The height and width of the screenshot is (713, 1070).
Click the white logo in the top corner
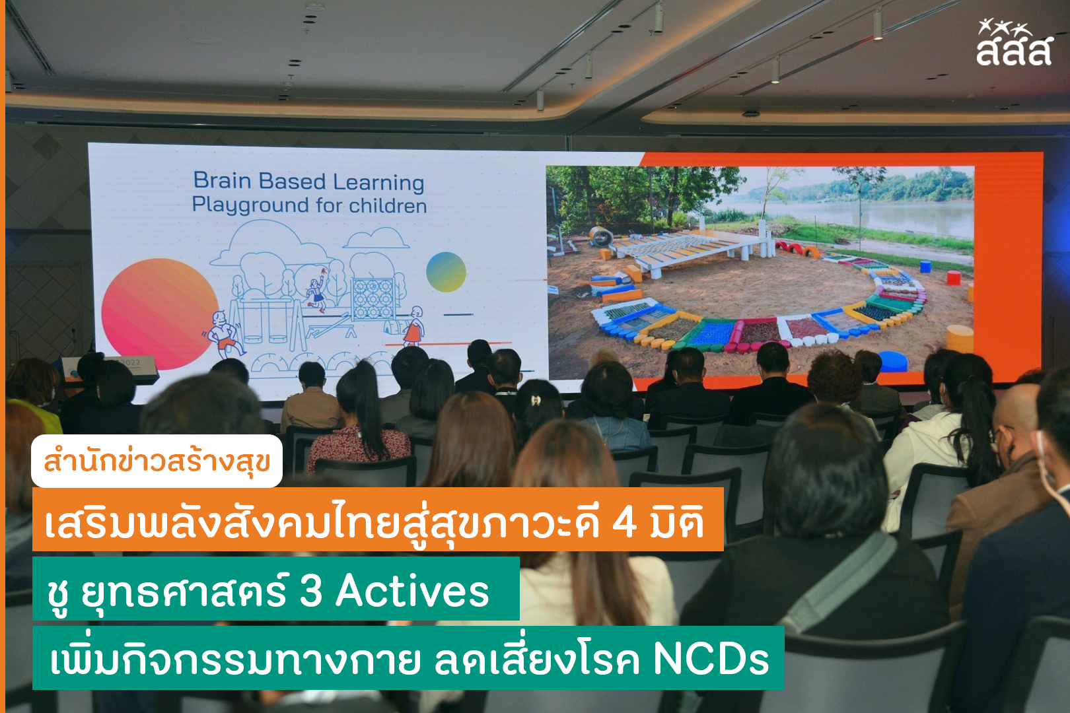(1013, 42)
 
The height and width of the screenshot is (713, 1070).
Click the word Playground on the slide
(250, 205)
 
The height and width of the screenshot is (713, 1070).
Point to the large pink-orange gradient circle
(160, 314)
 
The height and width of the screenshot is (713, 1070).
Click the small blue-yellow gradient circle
(446, 272)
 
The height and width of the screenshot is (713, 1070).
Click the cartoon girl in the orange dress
(413, 325)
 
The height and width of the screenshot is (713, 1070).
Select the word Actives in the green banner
(413, 592)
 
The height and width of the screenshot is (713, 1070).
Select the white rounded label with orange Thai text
(157, 461)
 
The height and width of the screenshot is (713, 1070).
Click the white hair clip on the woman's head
(536, 399)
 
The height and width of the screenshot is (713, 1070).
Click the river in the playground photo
(869, 215)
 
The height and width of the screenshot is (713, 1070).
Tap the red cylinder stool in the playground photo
(954, 277)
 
